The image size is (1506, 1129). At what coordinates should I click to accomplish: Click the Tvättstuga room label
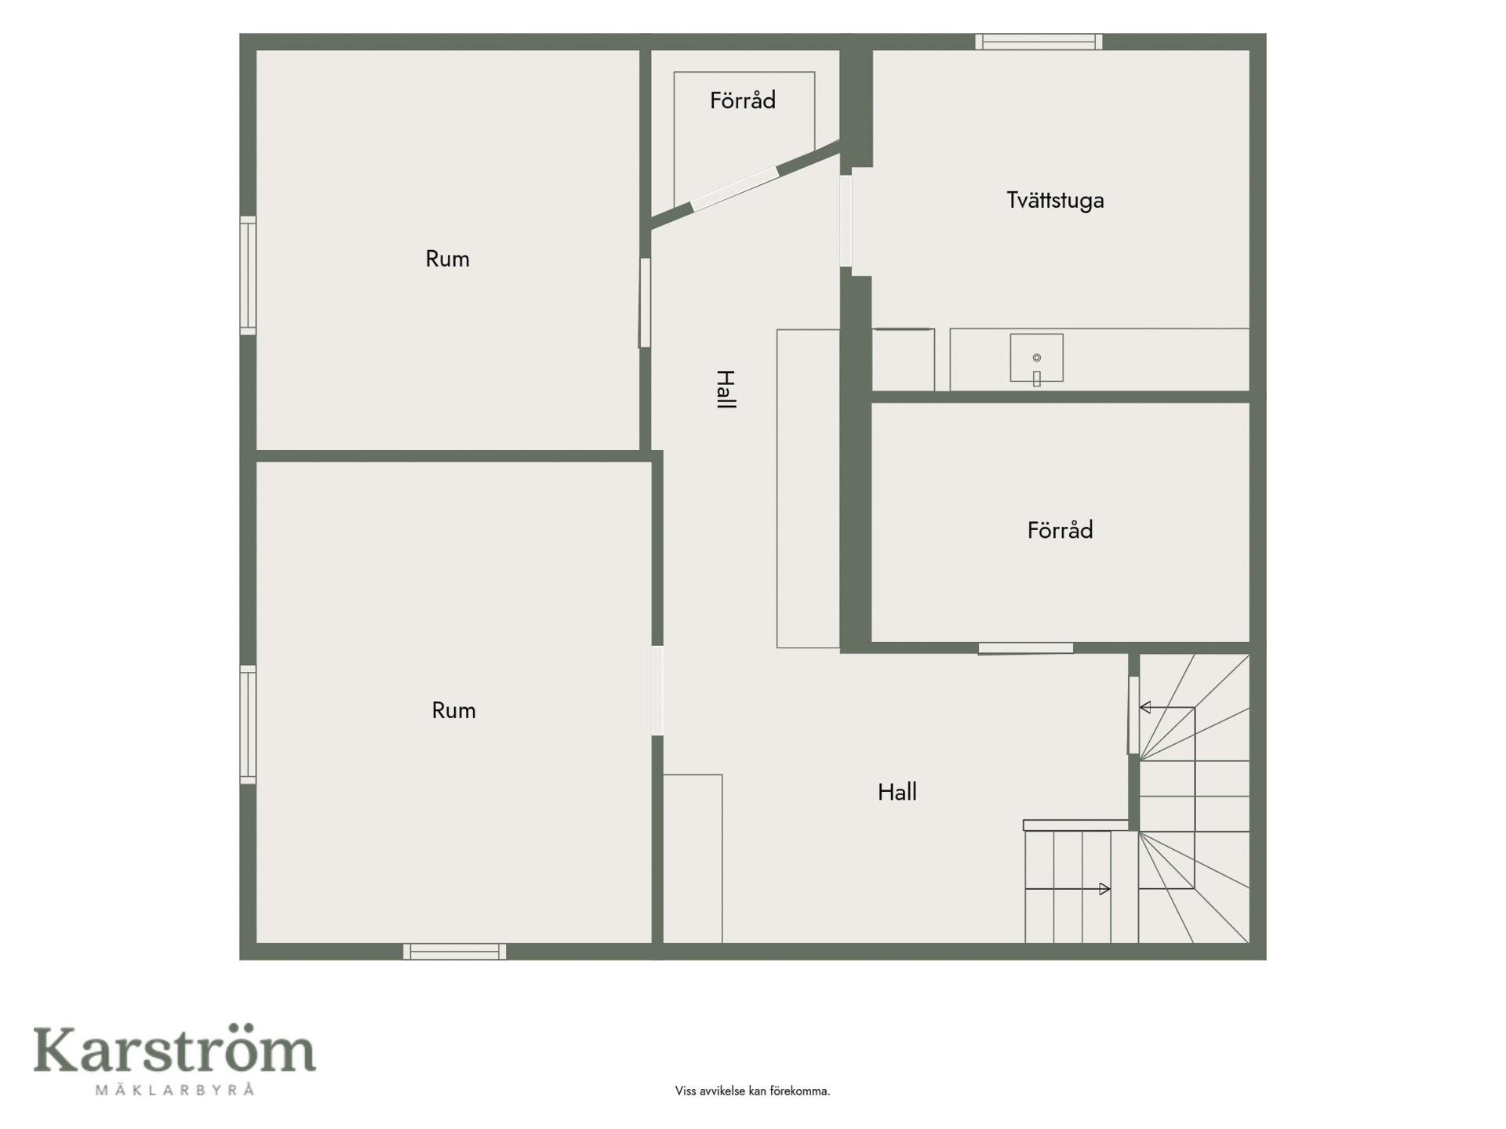pos(1055,201)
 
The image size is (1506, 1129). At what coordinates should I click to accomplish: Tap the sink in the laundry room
pos(1036,358)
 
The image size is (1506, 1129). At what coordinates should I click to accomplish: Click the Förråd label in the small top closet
pos(743,100)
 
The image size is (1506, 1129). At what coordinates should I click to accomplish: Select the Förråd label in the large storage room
pos(1060,531)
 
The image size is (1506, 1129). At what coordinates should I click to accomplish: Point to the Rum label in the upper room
pos(447,259)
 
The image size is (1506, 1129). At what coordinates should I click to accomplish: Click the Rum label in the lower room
pos(453,710)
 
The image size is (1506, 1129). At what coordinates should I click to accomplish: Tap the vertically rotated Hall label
pos(726,389)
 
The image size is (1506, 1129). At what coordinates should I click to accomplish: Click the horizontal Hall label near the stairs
pos(897,792)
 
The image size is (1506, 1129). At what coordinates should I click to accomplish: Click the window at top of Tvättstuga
pos(1039,42)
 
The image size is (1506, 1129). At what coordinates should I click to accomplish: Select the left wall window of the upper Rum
pos(248,275)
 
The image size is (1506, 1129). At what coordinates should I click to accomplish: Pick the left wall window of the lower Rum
pos(248,724)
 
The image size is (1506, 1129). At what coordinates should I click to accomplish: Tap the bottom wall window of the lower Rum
pos(454,951)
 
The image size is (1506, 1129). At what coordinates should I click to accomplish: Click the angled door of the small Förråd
pos(735,188)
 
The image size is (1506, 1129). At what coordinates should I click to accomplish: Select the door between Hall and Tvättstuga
pos(846,221)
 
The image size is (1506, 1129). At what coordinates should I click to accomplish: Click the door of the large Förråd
pos(1025,648)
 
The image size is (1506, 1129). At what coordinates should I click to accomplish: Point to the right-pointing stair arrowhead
pos(1104,889)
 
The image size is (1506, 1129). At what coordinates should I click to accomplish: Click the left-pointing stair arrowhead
pos(1145,707)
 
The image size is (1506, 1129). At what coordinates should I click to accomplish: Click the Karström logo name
pos(174,1050)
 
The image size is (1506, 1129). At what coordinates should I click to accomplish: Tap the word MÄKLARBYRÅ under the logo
pos(174,1089)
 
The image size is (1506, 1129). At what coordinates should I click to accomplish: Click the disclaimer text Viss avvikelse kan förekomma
pos(752,1091)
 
